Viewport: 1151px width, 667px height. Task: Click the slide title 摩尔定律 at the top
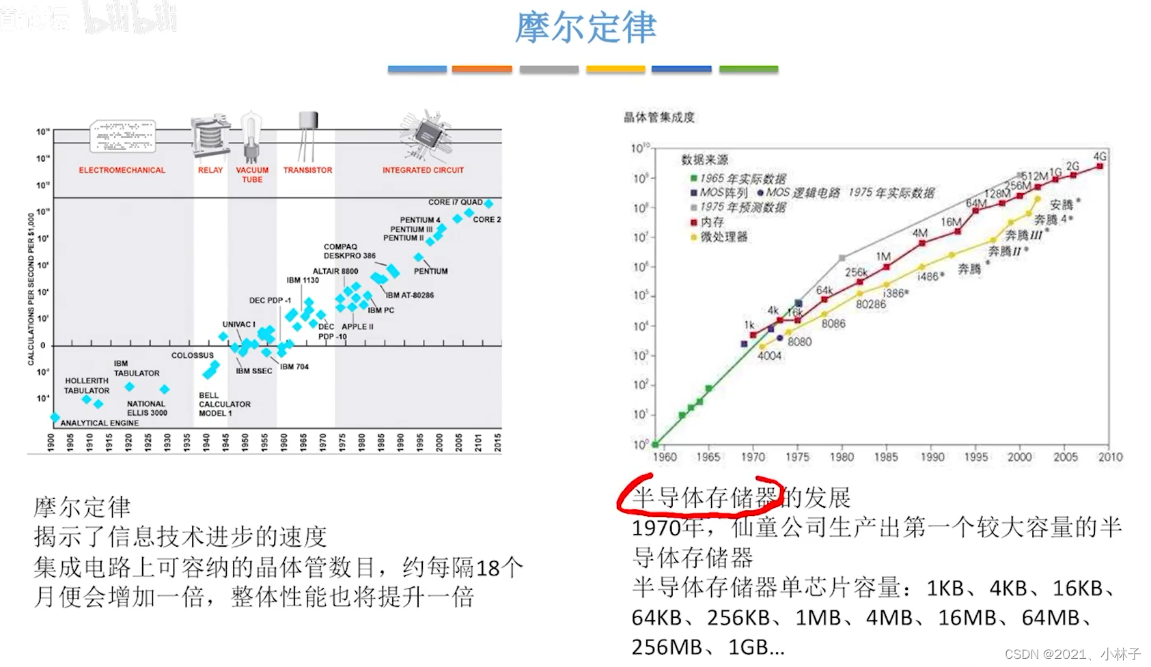(585, 27)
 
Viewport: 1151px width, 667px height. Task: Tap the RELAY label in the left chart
(210, 170)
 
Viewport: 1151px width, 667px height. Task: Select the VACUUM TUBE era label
(252, 175)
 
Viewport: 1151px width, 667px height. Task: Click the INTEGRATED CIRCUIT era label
(423, 170)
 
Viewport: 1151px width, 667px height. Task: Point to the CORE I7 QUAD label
(455, 202)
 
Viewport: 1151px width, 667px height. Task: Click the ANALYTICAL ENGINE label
(99, 423)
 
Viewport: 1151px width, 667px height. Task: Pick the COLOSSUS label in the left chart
(192, 356)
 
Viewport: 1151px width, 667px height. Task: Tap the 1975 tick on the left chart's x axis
(342, 442)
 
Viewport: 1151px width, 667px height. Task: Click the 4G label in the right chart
(1100, 156)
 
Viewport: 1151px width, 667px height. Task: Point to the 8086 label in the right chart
(833, 324)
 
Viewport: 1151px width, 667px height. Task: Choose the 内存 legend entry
(712, 222)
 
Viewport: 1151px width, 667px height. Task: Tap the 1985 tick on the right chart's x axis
(886, 457)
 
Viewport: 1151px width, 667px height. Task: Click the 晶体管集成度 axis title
(658, 117)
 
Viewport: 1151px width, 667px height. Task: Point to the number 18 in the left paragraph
(488, 568)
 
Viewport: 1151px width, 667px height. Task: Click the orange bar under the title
(482, 69)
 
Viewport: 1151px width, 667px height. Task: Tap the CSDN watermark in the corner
(1072, 654)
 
